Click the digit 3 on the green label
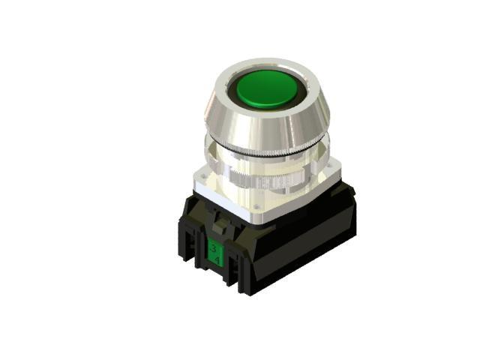214,247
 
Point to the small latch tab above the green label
219,223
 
